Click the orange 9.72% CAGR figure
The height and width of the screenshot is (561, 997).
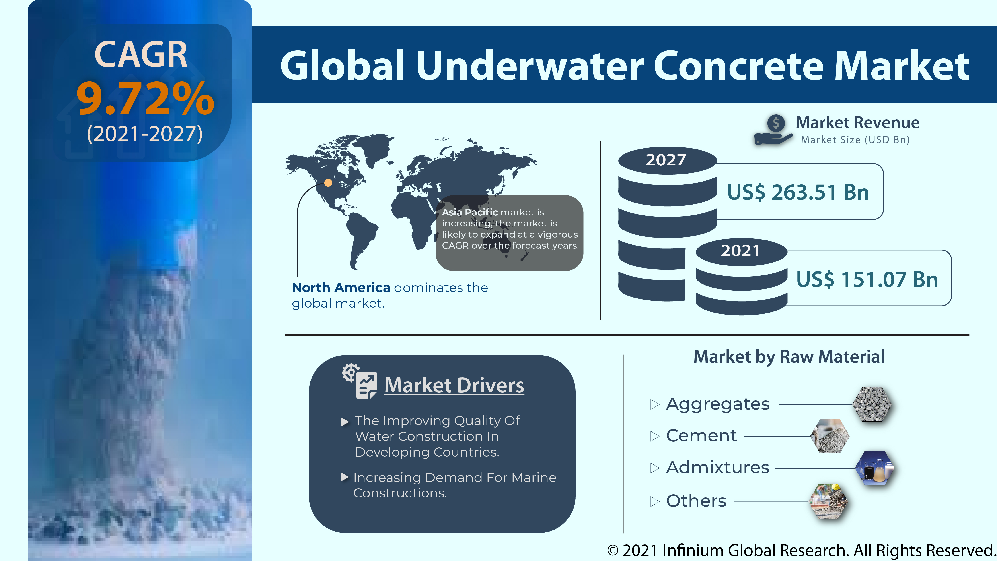pyautogui.click(x=145, y=99)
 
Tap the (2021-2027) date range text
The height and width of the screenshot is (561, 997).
pyautogui.click(x=145, y=134)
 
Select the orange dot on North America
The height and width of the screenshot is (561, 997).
pyautogui.click(x=328, y=182)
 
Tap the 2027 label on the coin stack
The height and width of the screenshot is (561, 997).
pyautogui.click(x=666, y=160)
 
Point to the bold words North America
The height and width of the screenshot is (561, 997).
pyautogui.click(x=341, y=287)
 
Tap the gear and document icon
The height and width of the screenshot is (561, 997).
pyautogui.click(x=360, y=381)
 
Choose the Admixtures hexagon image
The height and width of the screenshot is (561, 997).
pyautogui.click(x=874, y=468)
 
